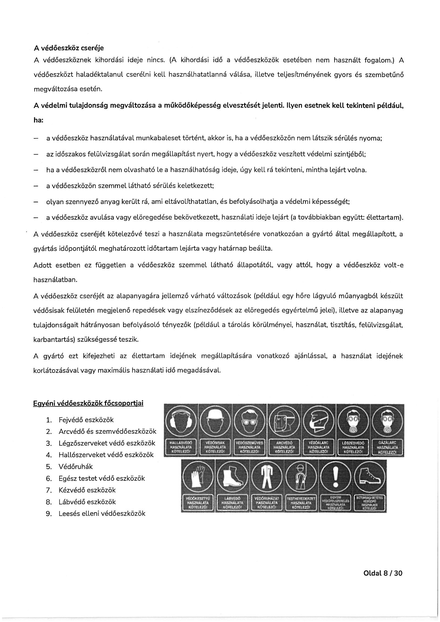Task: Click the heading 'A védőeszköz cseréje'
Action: (68, 48)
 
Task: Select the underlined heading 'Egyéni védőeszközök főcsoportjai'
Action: (88, 403)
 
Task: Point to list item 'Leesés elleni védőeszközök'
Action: (102, 513)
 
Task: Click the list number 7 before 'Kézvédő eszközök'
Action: (49, 490)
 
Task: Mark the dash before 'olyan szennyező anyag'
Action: (35, 202)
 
